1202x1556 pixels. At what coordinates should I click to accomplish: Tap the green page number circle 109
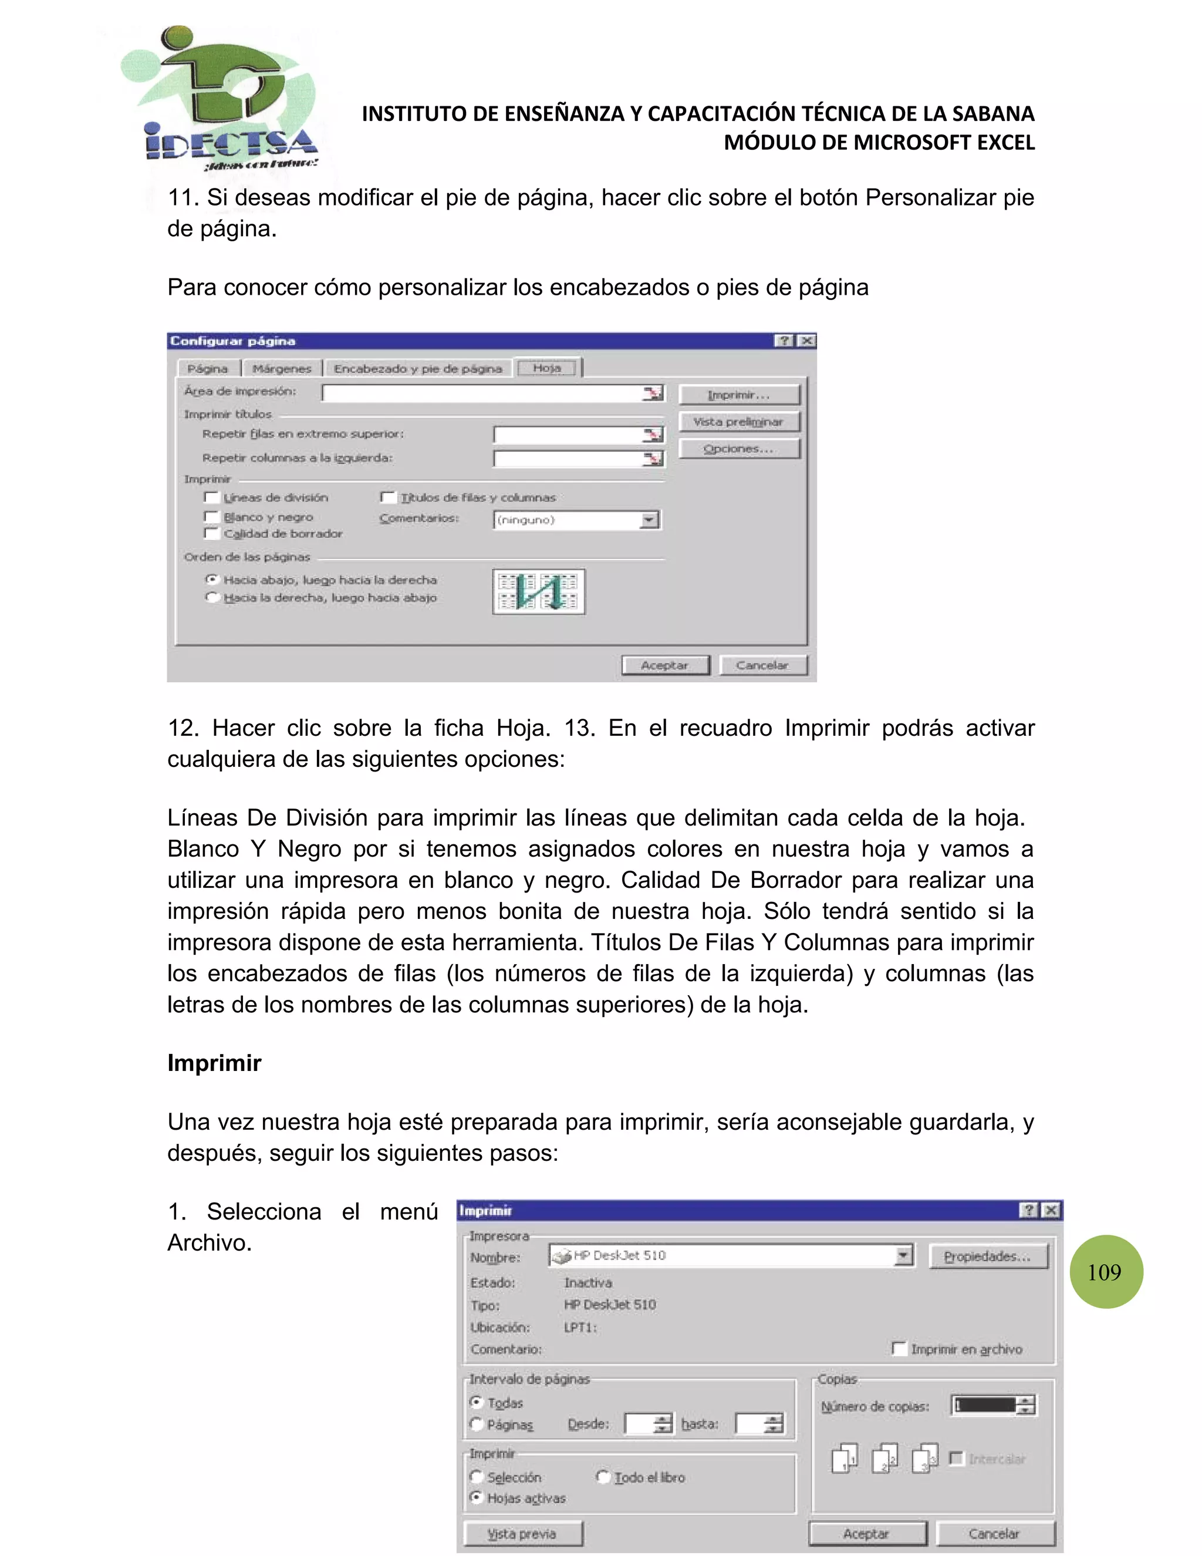[1105, 1272]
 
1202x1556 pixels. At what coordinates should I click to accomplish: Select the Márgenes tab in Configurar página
[282, 368]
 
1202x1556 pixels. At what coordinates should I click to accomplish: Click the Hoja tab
[547, 368]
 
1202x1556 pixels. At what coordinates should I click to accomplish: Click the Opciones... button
[738, 449]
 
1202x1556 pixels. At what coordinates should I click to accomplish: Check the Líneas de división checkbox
[211, 497]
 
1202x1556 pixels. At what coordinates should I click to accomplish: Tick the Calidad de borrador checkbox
[211, 533]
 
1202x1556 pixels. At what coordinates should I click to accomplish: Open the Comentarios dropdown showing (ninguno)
[649, 520]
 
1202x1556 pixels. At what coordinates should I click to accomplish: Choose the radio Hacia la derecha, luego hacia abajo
[211, 598]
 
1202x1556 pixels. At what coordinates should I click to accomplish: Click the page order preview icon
[538, 591]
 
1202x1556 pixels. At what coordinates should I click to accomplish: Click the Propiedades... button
[988, 1256]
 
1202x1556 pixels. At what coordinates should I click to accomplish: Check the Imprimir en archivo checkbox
[899, 1349]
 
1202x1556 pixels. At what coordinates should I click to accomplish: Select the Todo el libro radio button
[602, 1476]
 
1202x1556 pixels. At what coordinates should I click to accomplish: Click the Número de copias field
[985, 1406]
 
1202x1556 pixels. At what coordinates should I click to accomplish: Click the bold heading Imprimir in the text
[214, 1063]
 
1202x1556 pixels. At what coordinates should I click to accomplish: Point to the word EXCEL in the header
[1005, 143]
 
